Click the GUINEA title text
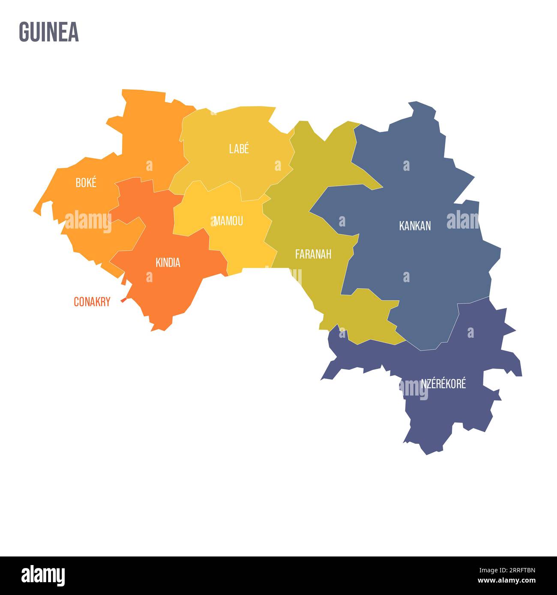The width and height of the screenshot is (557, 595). (49, 32)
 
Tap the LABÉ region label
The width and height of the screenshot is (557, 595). (239, 149)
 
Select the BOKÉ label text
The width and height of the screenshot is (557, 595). (86, 183)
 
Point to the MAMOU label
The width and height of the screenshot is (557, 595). (228, 221)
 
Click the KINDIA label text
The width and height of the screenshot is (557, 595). (168, 262)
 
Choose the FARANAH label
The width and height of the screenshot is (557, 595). (313, 254)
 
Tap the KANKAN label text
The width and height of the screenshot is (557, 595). (415, 226)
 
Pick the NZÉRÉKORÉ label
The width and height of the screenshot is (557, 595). (443, 384)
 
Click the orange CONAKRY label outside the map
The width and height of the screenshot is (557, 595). (92, 302)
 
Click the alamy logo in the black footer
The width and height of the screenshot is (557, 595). (43, 575)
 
